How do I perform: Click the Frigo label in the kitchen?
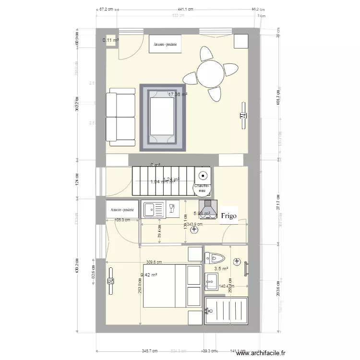228,216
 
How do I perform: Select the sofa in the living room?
120,117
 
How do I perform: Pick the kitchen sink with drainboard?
154,209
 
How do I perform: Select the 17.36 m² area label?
177,95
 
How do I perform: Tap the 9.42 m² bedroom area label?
149,275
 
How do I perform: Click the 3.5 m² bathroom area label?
221,269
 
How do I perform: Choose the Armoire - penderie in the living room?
165,44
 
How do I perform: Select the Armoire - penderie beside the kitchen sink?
122,210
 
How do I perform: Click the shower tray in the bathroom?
227,312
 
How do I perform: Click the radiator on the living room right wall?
243,115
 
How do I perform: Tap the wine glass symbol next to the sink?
171,208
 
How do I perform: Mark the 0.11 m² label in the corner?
110,40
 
